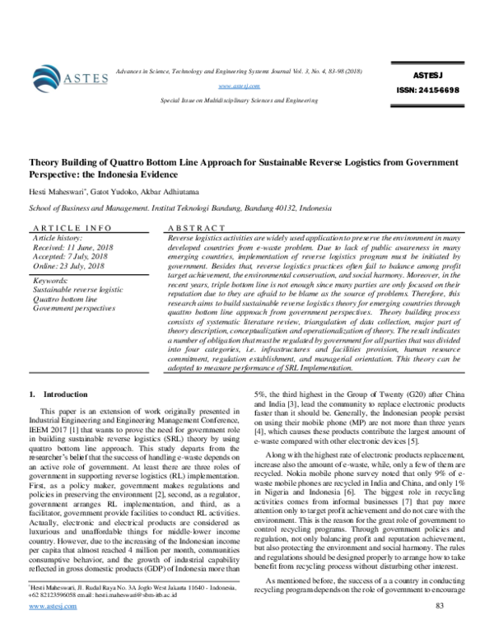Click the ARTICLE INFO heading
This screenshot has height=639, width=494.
pyautogui.click(x=71, y=226)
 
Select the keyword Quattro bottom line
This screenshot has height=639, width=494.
pyautogui.click(x=64, y=299)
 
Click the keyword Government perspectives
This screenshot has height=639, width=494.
pyautogui.click(x=73, y=308)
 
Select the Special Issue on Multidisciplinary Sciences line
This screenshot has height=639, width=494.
pyautogui.click(x=240, y=99)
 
